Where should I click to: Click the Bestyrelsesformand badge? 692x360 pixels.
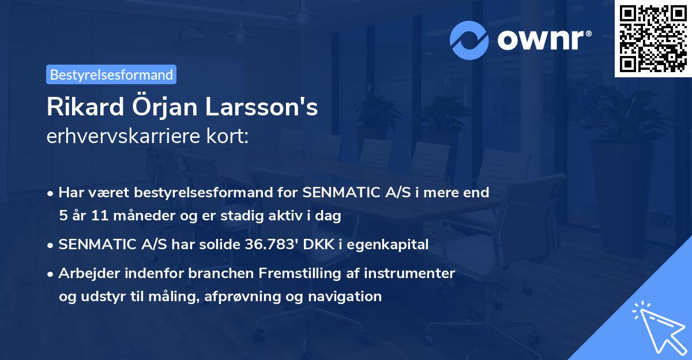[x=111, y=74]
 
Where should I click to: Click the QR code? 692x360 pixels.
[x=652, y=39]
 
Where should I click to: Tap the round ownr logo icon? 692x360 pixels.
[x=469, y=40]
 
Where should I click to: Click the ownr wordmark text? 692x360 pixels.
[x=543, y=40]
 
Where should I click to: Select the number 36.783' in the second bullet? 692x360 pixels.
[x=270, y=245]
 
